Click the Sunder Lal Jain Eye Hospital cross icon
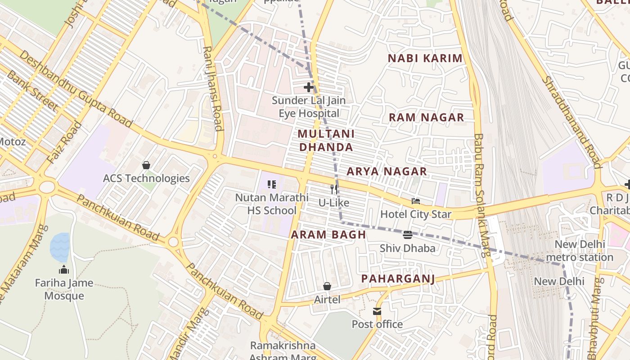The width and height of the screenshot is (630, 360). (308, 87)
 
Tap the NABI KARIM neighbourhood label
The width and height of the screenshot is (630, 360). (425, 58)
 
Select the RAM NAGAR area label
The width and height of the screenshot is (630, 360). (426, 117)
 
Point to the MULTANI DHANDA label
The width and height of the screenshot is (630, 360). (326, 140)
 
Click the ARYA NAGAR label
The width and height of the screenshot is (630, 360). (387, 171)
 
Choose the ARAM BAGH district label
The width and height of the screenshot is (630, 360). (328, 235)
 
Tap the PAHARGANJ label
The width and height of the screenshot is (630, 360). (398, 279)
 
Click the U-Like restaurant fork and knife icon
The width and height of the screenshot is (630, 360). (334, 189)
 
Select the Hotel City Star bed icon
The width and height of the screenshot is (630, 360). (416, 201)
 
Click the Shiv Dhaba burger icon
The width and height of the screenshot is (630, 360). (408, 234)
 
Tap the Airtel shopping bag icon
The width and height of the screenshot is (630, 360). (327, 286)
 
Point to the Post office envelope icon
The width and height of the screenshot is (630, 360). (377, 311)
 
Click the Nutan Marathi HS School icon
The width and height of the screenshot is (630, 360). (272, 184)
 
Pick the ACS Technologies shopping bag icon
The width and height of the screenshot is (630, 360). (146, 165)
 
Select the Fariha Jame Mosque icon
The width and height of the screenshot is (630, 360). (64, 270)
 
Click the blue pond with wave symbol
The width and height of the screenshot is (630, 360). (59, 247)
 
